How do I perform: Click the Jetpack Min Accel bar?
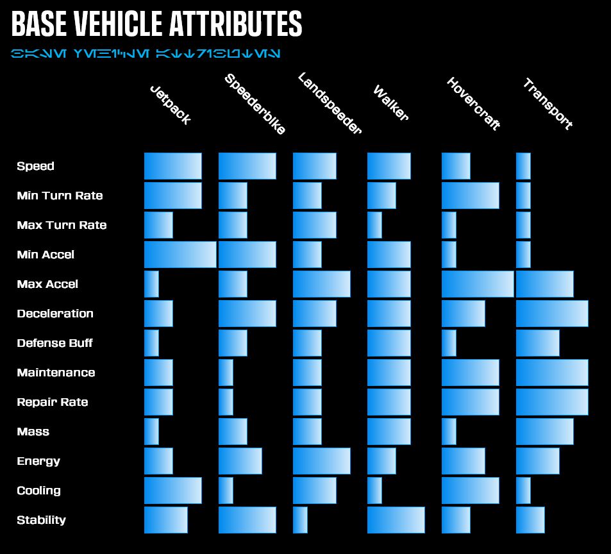click(x=180, y=255)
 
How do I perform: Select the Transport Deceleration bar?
click(x=552, y=314)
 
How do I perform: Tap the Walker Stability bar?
click(x=396, y=520)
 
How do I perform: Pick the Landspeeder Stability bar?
click(x=300, y=520)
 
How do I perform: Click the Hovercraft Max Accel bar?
click(x=478, y=284)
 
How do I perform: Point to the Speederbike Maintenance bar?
click(x=226, y=373)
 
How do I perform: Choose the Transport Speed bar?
click(x=523, y=166)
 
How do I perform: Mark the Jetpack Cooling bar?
click(x=172, y=491)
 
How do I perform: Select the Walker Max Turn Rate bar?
click(x=374, y=225)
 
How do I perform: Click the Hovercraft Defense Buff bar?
click(x=449, y=343)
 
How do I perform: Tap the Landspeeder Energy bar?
click(x=321, y=461)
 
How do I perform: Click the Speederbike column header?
click(x=255, y=105)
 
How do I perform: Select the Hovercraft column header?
click(x=473, y=104)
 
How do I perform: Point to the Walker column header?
click(x=390, y=103)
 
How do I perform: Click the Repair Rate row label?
click(x=53, y=402)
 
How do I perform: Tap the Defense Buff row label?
click(x=54, y=343)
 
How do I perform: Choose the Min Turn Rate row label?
click(x=60, y=196)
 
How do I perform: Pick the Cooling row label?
click(x=38, y=491)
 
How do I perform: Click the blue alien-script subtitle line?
click(x=145, y=53)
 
